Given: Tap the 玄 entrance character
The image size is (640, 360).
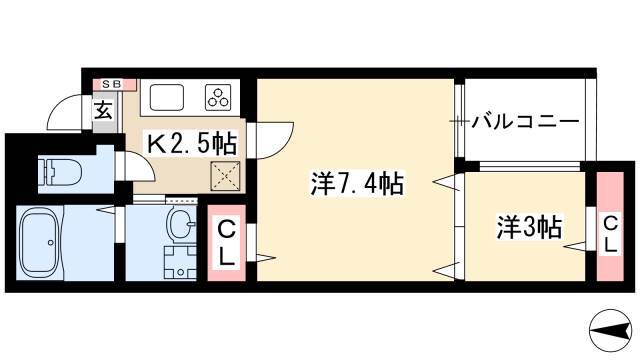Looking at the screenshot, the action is point(103,110).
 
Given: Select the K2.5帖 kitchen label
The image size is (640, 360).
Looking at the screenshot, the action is point(191,144).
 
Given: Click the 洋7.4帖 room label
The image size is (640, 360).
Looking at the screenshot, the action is point(357,184).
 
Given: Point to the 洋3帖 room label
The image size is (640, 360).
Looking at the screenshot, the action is point(529,227).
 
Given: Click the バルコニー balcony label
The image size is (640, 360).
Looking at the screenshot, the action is point(525,122).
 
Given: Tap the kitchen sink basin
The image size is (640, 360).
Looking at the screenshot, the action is point(167,97).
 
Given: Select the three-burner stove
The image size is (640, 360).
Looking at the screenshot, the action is point(218,96).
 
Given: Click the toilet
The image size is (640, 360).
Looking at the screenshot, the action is point(60,172).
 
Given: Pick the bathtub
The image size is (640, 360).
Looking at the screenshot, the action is point(40,243).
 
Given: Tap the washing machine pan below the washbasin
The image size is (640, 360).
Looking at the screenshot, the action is point(180,262).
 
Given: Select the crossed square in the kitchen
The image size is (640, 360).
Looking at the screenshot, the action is point(225,176).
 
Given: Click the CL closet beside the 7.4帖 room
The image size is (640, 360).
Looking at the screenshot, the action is point(227,243).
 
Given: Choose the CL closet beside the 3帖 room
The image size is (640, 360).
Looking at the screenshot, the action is point(610,227).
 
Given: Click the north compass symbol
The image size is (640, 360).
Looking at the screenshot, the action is point(610,331).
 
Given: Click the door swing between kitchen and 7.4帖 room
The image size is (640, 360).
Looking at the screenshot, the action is point(278,141).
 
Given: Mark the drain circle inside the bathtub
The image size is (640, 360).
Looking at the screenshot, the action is point(51,242).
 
